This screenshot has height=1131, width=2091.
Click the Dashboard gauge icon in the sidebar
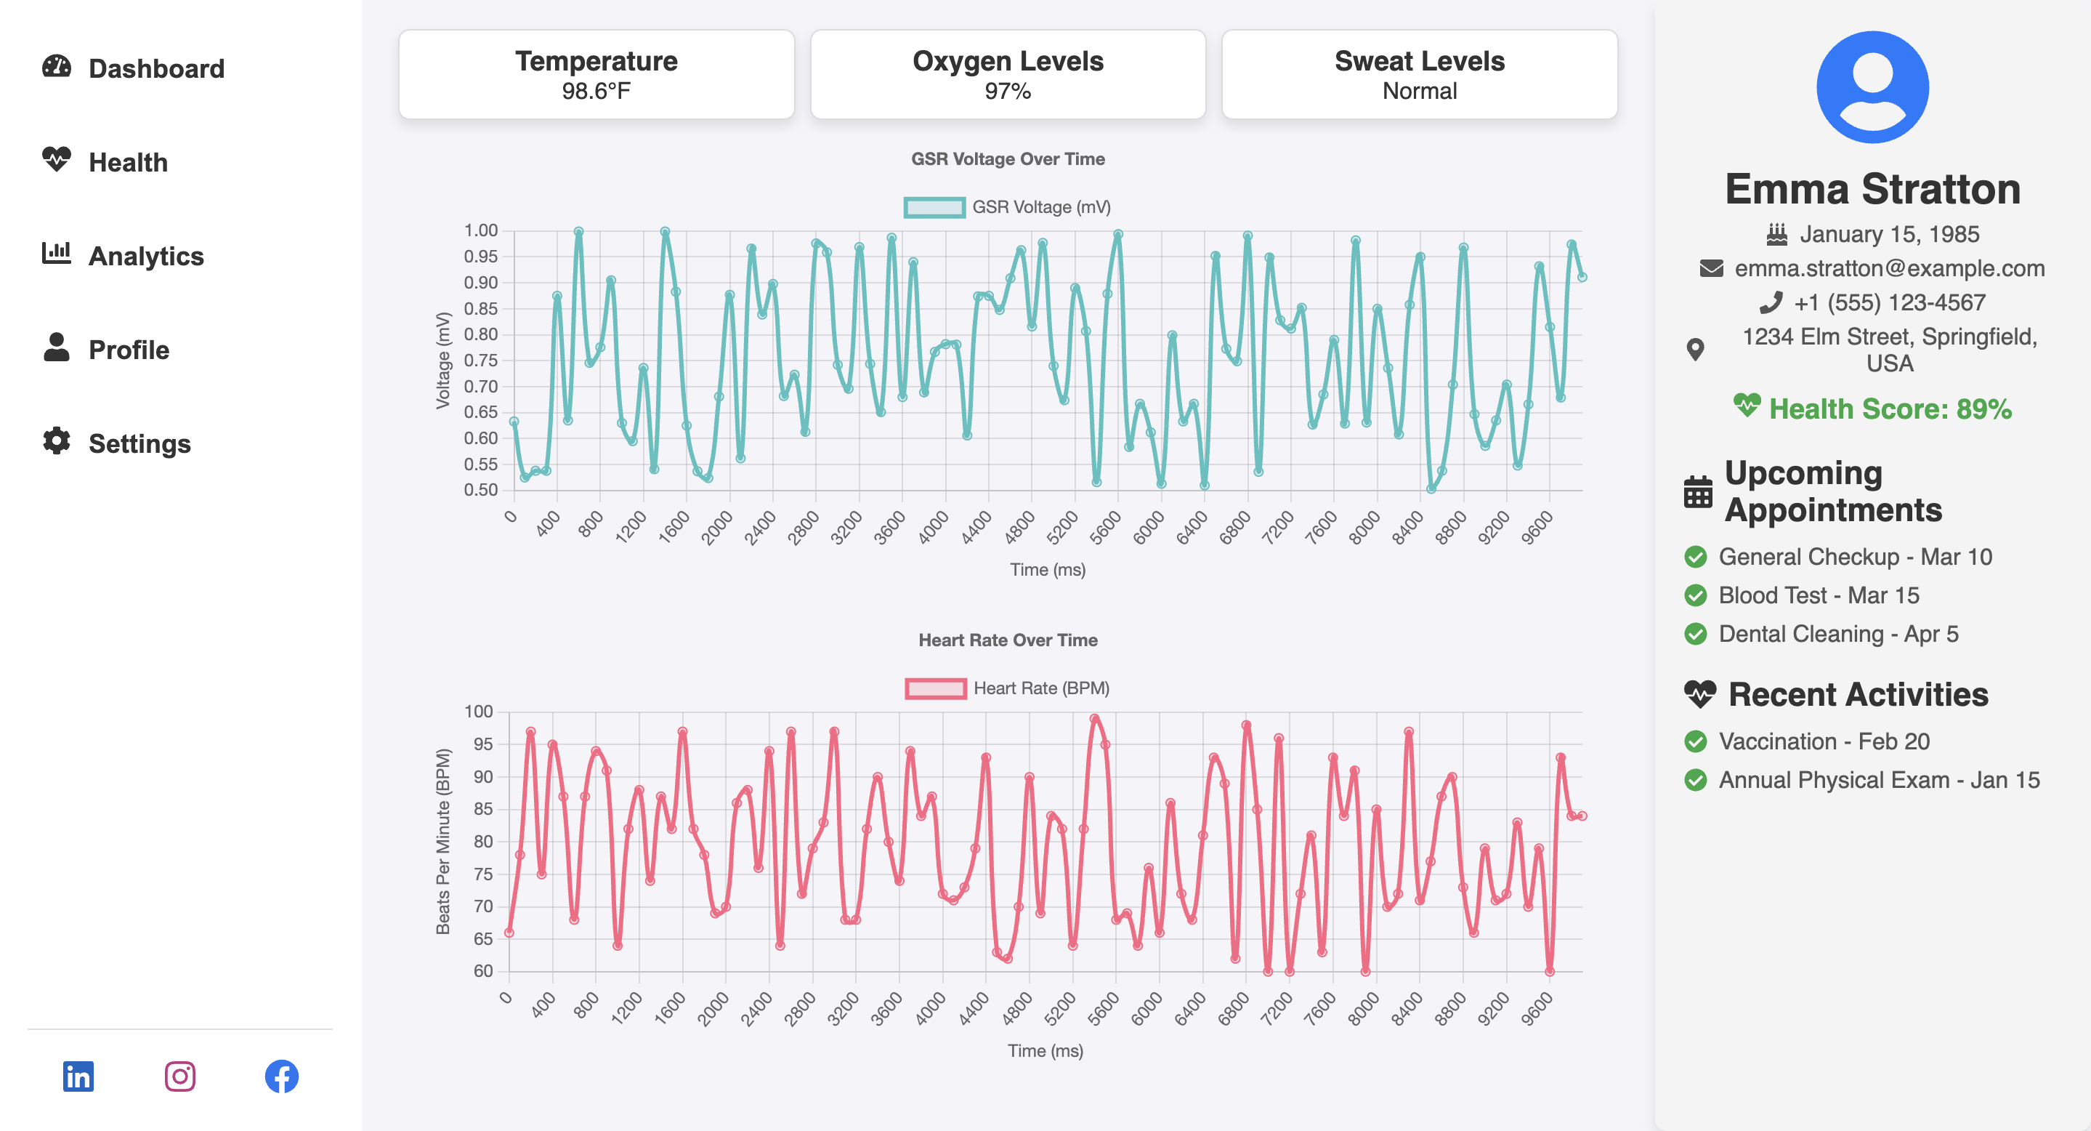tap(57, 68)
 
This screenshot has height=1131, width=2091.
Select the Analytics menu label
tap(146, 256)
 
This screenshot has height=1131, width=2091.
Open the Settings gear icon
tap(57, 441)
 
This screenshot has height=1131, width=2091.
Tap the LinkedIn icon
tap(78, 1076)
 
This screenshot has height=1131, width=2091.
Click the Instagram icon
tap(179, 1076)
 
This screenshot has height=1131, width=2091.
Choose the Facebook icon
tap(282, 1076)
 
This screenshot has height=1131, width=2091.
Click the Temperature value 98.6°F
tap(596, 91)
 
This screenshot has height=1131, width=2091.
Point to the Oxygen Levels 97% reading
tap(1007, 91)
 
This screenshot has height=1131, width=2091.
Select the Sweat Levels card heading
tap(1419, 61)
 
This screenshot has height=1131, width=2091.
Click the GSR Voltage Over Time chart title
tap(1007, 159)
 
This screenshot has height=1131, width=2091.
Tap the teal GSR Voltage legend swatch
tap(934, 207)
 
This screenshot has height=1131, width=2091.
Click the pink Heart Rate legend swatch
tap(935, 688)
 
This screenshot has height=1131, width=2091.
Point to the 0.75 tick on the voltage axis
tap(480, 361)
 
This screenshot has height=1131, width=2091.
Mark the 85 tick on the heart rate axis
tap(483, 809)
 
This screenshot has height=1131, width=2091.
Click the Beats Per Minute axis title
tap(442, 841)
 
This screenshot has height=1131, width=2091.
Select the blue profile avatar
tap(1872, 88)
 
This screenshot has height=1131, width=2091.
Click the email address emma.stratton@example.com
tap(1889, 268)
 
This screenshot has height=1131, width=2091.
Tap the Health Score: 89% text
tap(1890, 408)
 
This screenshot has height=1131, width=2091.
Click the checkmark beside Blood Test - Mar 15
tap(1695, 595)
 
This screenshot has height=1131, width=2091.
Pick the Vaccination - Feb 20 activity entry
tap(1823, 741)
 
